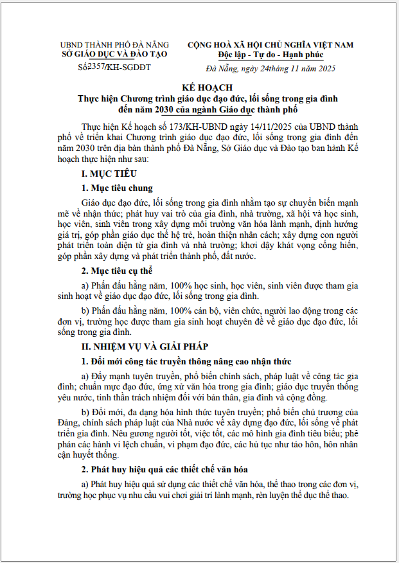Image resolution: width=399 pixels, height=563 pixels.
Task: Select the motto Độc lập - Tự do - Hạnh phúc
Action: point(270,55)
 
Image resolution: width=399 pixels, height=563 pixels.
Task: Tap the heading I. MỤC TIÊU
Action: point(109,174)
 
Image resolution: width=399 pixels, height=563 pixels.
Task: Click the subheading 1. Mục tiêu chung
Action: point(117,188)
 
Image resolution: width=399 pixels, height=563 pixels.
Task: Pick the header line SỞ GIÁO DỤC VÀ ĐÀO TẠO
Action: point(114,55)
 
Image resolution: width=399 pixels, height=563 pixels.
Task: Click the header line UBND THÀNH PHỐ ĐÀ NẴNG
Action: point(114,45)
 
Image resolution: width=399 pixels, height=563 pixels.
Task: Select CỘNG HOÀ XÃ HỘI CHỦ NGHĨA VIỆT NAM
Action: point(270,45)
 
